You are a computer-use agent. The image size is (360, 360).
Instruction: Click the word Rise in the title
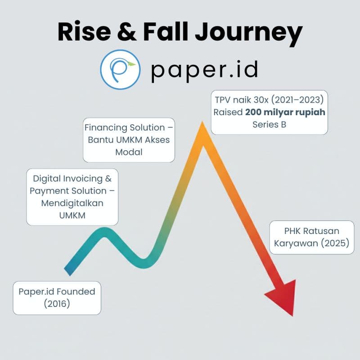coord(84,31)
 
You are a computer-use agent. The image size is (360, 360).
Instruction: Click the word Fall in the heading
coord(166,31)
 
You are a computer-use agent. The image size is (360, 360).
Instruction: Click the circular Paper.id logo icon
coord(120,70)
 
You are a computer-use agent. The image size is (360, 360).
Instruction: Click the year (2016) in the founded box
coord(57,303)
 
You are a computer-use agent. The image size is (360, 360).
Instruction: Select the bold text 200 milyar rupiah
coord(285,112)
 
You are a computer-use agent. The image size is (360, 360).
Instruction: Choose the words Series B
coord(269,125)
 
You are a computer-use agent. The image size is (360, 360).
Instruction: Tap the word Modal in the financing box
coord(129,152)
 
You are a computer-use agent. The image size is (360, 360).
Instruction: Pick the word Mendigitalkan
coord(72,203)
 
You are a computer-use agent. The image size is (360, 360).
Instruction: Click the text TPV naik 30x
coord(242,100)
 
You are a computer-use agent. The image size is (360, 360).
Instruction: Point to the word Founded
coord(76,292)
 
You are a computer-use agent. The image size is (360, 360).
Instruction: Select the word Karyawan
coord(296,243)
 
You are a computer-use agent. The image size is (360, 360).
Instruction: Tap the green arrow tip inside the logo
coord(131,64)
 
